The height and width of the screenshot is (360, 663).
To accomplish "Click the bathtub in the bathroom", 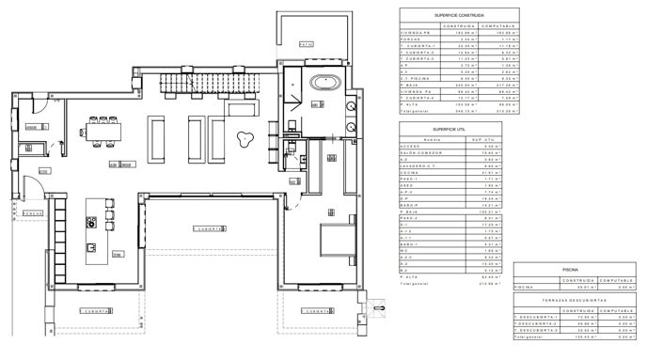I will coord(326,81).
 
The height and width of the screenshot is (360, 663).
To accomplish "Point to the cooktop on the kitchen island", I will coord(93,224).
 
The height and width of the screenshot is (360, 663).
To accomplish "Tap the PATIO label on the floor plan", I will coord(304,44).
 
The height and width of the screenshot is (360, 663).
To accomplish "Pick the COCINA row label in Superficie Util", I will coord(411,173).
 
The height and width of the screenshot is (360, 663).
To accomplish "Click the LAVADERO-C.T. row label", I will coord(419,166).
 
